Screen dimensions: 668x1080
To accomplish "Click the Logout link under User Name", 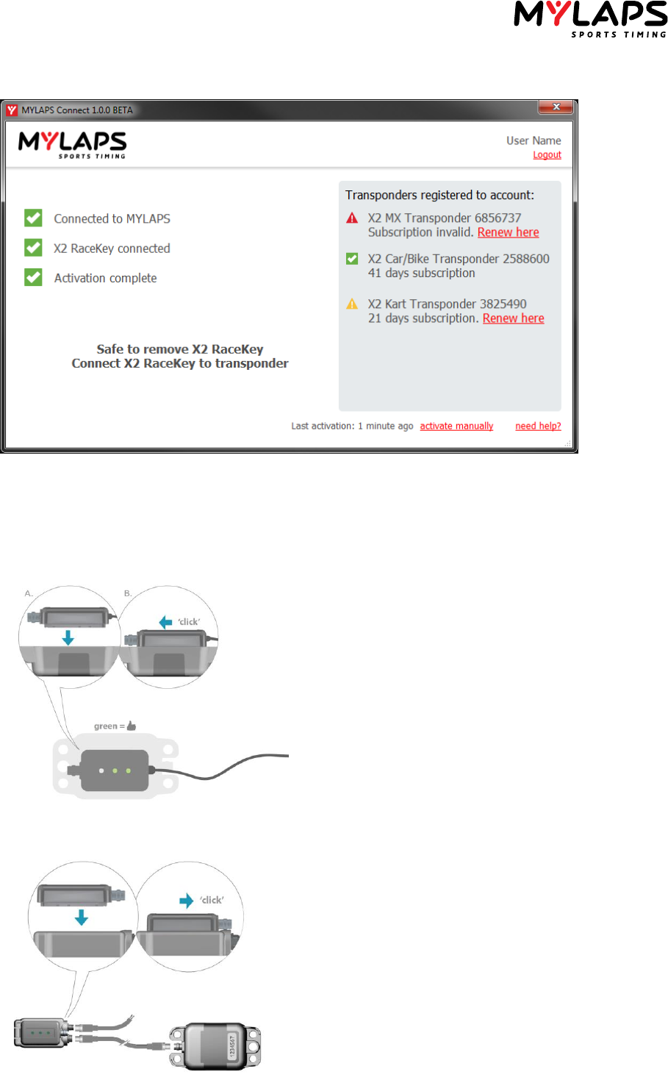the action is point(547,155).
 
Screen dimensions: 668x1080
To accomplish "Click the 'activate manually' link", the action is point(456,426).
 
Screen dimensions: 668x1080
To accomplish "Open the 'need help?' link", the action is point(538,426).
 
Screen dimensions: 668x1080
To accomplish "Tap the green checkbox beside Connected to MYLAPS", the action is point(33,218).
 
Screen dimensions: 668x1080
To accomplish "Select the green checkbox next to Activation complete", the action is point(33,277).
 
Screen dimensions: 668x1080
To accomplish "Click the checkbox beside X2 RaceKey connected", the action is point(33,248).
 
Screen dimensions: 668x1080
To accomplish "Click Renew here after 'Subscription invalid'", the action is point(508,232).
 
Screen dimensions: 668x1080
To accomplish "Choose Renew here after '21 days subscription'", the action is point(513,318).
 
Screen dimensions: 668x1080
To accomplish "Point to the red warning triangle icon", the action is point(352,218).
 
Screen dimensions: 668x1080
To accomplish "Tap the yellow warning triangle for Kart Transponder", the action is point(352,304).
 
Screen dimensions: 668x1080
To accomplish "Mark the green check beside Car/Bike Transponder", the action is point(352,259).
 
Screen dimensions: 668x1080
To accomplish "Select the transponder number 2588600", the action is point(525,259).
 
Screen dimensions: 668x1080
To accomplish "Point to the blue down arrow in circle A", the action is point(68,637).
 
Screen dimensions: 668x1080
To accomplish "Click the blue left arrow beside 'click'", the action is point(166,622).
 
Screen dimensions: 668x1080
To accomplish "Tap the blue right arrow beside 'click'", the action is point(187,901).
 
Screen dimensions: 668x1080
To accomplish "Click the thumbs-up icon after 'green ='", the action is point(132,726).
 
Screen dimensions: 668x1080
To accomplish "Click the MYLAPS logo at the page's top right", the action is point(590,18).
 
